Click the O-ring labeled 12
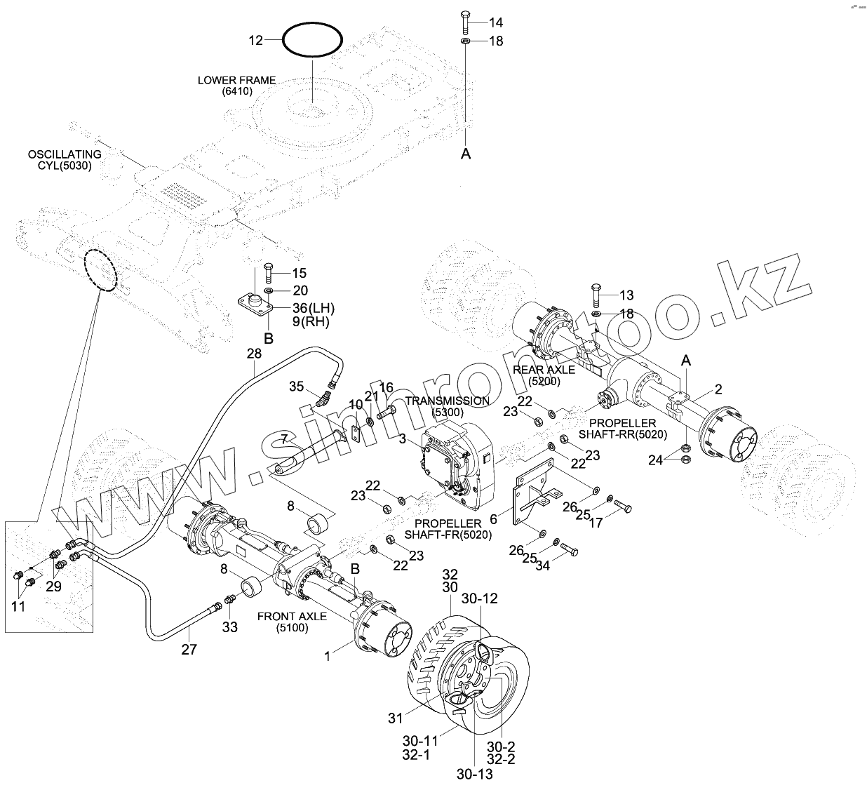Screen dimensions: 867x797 coord(312,25)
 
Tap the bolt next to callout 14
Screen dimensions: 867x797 coord(465,23)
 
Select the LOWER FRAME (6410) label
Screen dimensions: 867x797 coord(237,86)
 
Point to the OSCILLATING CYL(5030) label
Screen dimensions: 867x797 coord(65,160)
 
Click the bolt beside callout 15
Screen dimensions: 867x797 coord(269,273)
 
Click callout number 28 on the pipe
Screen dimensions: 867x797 coord(254,354)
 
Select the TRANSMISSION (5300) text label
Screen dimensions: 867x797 coord(448,406)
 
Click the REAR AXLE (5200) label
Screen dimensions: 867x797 coord(544,375)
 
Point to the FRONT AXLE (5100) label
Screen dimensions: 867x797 coord(293,622)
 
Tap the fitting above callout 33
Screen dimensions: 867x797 coord(229,599)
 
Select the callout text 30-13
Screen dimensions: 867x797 coord(475,786)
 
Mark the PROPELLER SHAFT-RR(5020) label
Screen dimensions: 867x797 coord(623,429)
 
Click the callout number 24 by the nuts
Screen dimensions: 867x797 coord(655,460)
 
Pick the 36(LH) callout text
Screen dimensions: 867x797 coord(314,308)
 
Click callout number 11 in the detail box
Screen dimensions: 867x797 coord(18,606)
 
